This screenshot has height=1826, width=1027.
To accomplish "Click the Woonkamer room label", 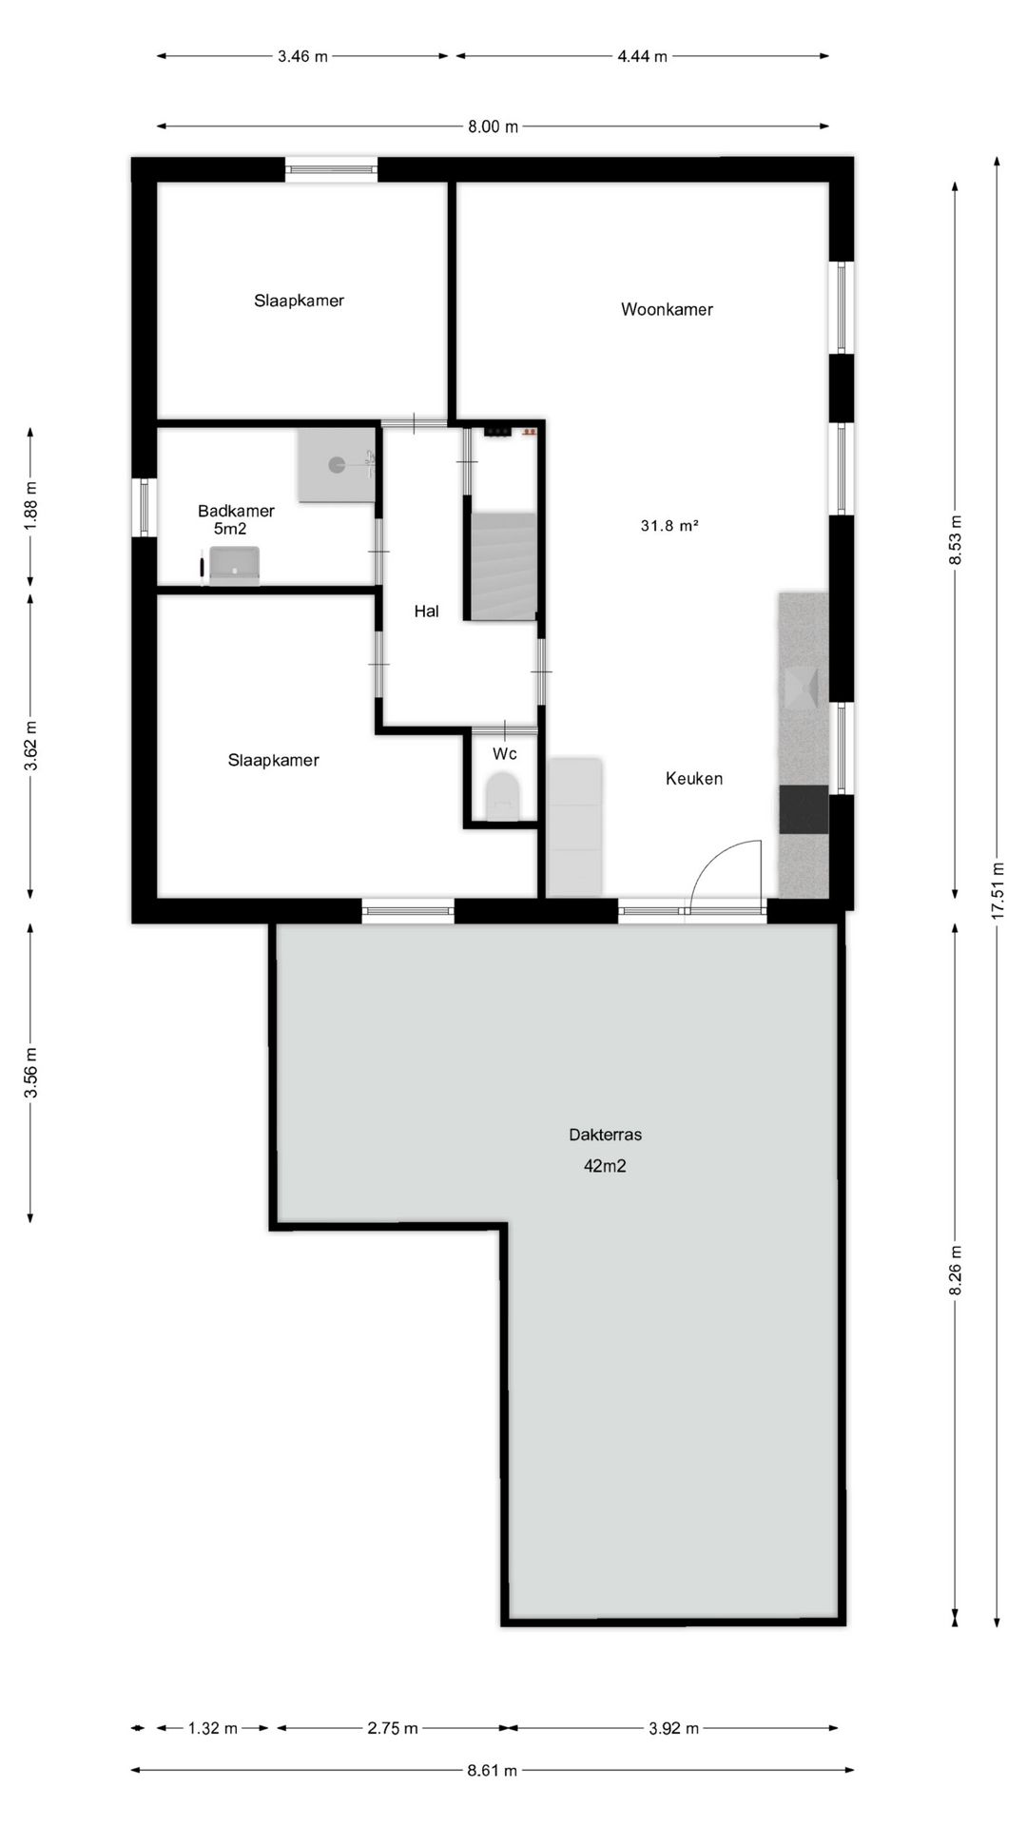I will click(667, 309).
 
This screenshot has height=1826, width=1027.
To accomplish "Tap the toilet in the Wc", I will click(502, 797).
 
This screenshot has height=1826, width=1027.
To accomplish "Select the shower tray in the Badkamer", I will click(337, 465).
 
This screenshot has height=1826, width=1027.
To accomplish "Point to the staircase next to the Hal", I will click(503, 567).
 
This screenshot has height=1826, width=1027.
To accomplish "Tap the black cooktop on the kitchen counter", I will click(804, 809).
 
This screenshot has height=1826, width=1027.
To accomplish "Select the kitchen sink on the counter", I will click(803, 688).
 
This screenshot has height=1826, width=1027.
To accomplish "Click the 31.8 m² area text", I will click(669, 525).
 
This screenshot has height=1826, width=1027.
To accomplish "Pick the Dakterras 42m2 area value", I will click(605, 1166).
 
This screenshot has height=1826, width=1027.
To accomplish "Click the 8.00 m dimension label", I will click(493, 126).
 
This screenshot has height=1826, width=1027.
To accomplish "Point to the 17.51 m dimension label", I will click(997, 889).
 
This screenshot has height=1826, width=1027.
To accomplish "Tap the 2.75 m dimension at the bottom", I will click(393, 1729).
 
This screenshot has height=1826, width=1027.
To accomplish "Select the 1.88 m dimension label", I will click(30, 504).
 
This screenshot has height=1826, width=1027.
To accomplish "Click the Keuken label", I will click(694, 779).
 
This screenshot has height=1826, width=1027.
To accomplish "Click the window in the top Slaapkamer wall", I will click(332, 170).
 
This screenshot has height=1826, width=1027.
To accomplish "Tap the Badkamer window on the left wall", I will click(144, 507).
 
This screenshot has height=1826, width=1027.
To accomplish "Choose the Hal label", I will click(426, 612).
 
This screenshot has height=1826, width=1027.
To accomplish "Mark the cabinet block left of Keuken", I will click(574, 826).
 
